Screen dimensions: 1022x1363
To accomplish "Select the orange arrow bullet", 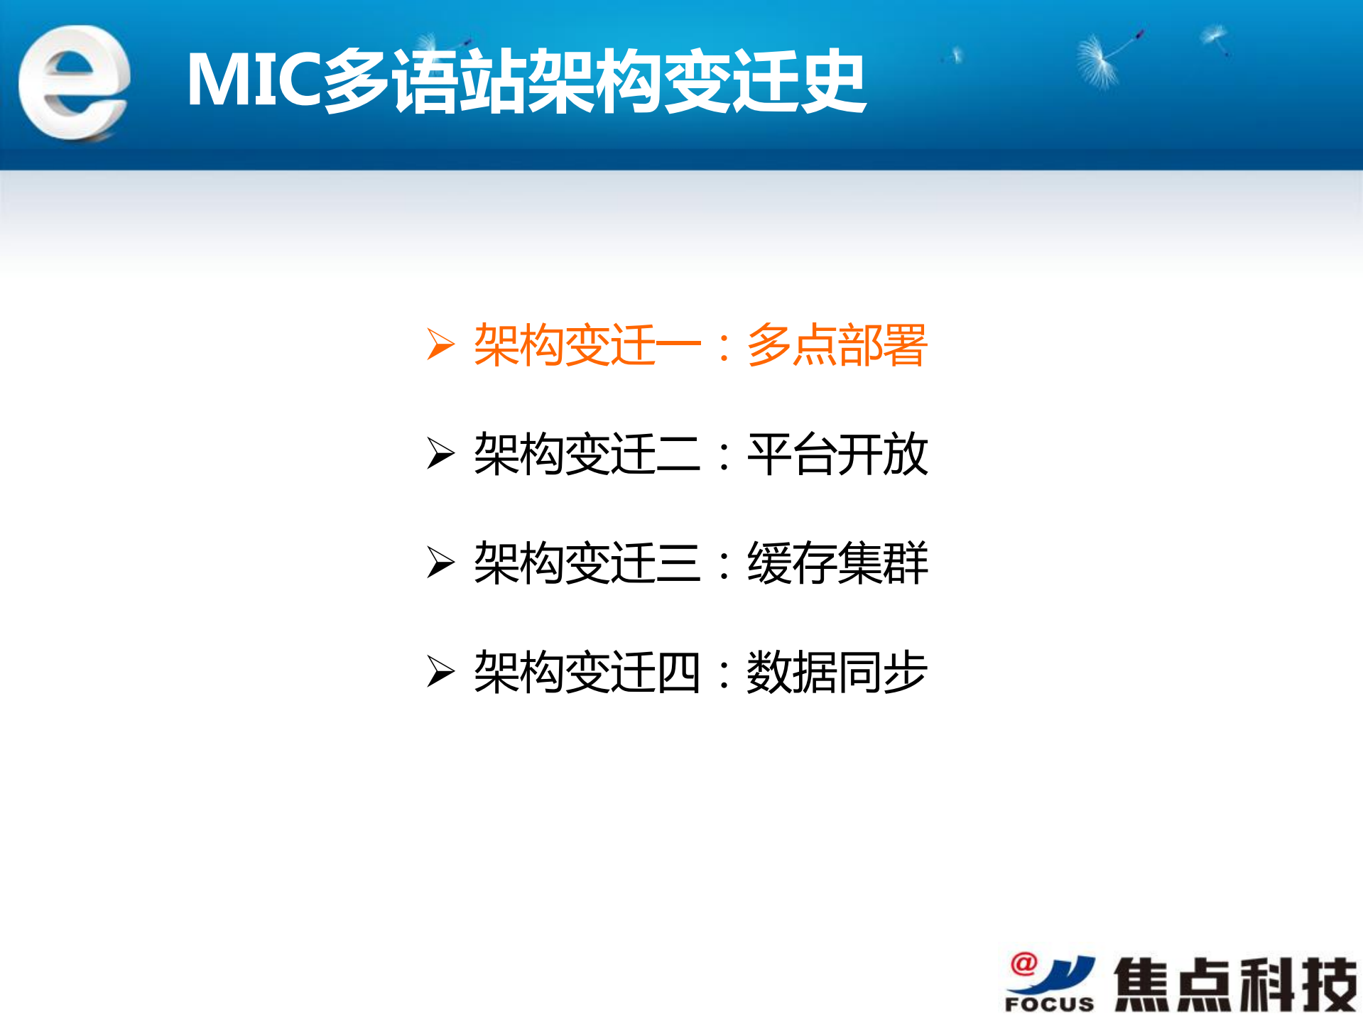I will click(440, 345).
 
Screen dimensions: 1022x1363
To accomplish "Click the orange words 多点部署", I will click(837, 345).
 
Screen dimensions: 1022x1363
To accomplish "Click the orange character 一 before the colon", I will click(678, 345).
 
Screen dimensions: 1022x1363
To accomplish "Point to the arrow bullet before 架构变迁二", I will click(440, 454).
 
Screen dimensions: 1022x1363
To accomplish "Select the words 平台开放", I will click(837, 454).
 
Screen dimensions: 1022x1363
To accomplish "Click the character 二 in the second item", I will click(678, 454).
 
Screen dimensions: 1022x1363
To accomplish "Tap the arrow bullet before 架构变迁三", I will click(440, 563).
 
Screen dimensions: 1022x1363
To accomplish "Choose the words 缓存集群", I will click(837, 563).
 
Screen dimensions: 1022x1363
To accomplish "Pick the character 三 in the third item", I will click(678, 563).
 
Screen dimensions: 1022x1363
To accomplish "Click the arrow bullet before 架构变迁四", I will click(440, 672).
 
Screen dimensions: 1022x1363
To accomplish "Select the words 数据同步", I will click(837, 672).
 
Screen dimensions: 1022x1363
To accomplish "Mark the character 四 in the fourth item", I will click(678, 672).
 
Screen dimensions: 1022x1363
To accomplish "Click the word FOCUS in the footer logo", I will click(1049, 1004).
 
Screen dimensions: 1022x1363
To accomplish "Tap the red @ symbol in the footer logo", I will click(1023, 964).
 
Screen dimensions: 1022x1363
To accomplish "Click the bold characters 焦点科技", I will click(1234, 984).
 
